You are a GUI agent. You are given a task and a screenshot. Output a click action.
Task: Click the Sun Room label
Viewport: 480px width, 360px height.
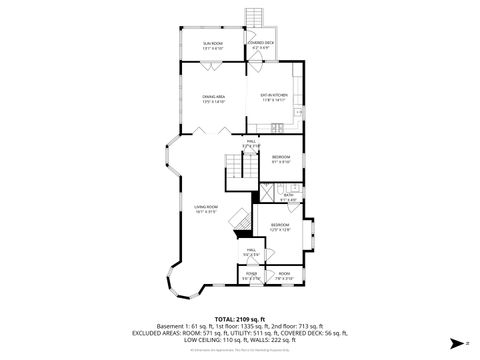pyautogui.click(x=213, y=46)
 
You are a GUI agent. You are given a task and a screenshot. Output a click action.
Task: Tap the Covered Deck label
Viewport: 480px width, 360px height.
pyautogui.click(x=261, y=45)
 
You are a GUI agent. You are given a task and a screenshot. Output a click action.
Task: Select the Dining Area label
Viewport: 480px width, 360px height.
pyautogui.click(x=213, y=99)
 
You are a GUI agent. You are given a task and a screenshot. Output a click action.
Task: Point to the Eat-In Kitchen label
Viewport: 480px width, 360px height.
pyautogui.click(x=273, y=98)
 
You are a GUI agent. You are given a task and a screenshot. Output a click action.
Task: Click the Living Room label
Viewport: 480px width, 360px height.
pyautogui.click(x=206, y=209)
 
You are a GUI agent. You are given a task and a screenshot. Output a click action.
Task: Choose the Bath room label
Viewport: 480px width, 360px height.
pyautogui.click(x=288, y=197)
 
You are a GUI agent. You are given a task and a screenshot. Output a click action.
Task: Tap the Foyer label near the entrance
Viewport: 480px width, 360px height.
pyautogui.click(x=251, y=275)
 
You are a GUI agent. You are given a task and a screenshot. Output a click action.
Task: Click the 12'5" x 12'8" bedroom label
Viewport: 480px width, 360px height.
pyautogui.click(x=279, y=228)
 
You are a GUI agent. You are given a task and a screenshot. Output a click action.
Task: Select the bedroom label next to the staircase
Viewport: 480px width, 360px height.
pyautogui.click(x=281, y=159)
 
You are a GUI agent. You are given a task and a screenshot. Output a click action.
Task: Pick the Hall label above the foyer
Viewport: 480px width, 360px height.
pyautogui.click(x=252, y=252)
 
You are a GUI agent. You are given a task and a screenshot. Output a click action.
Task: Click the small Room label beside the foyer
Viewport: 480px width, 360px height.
pyautogui.click(x=284, y=275)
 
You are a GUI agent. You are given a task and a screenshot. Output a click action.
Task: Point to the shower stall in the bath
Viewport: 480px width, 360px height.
pyautogui.click(x=267, y=195)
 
